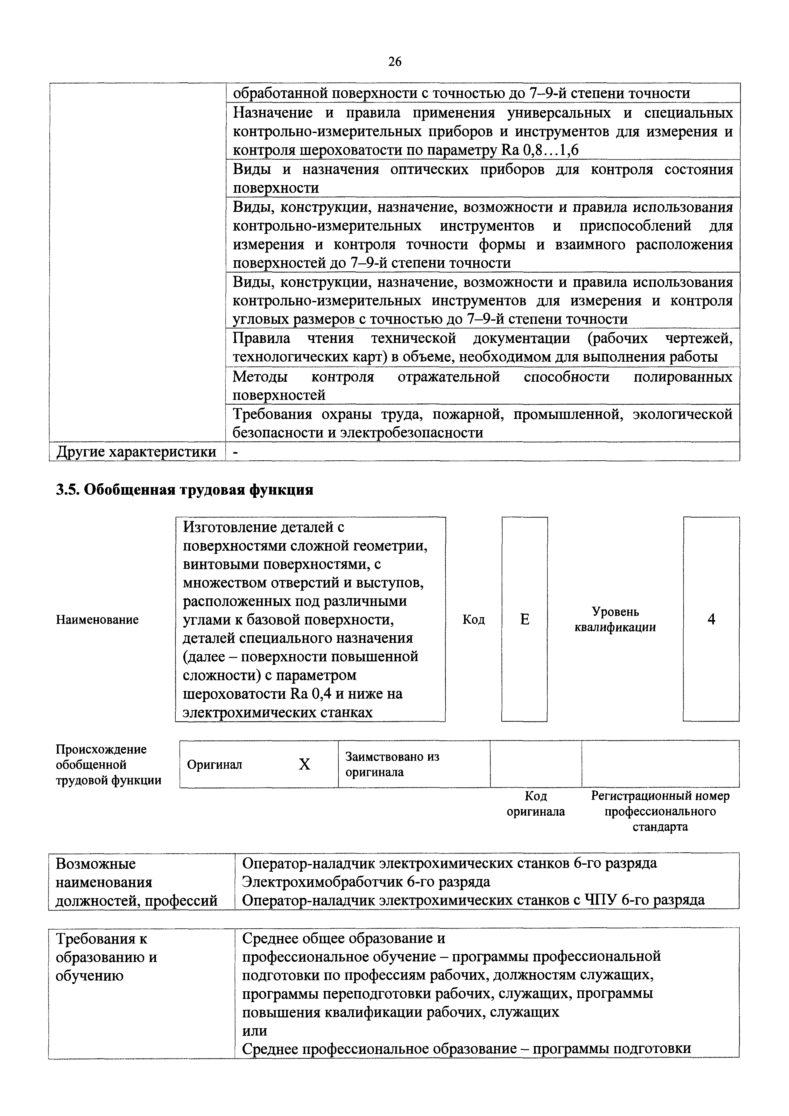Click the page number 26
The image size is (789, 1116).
click(x=395, y=61)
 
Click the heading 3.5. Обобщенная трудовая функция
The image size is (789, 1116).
click(x=185, y=490)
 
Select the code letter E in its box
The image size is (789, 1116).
click(x=525, y=619)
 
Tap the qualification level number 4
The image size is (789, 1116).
click(x=711, y=619)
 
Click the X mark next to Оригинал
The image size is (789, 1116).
click(x=304, y=764)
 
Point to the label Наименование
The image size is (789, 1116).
click(x=97, y=620)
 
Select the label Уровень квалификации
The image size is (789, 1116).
click(x=615, y=619)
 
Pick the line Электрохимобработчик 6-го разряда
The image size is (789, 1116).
click(x=366, y=882)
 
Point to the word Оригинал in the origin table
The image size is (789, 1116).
click(x=215, y=764)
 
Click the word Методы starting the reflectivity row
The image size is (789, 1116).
click(x=260, y=377)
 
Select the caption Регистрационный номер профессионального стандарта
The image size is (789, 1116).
click(x=660, y=811)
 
